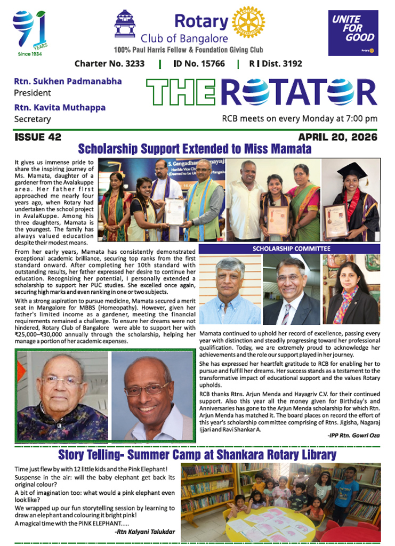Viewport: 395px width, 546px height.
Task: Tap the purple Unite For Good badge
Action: click(352, 33)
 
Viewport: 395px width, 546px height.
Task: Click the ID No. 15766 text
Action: click(199, 63)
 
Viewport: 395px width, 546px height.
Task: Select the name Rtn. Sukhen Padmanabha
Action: click(68, 82)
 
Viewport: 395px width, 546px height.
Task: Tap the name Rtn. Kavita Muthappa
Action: click(65, 107)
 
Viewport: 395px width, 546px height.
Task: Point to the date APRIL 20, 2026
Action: click(337, 137)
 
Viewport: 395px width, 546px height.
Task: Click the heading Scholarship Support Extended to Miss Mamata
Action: click(195, 148)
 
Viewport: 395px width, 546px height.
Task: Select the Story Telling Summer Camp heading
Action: click(197, 455)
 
